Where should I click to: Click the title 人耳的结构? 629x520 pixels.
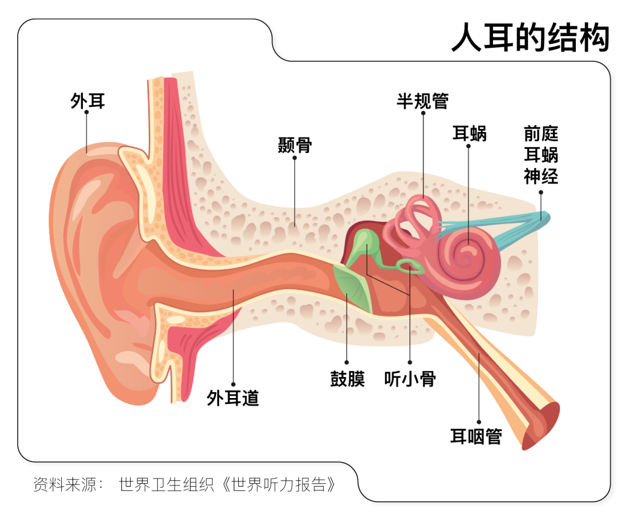(x=530, y=37)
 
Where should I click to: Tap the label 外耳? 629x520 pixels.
(x=88, y=100)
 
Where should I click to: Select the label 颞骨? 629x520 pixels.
(x=295, y=145)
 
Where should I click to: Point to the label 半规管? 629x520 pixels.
(x=422, y=100)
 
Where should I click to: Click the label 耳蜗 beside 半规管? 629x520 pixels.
(x=470, y=134)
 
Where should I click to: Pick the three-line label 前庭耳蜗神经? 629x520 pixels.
(x=541, y=155)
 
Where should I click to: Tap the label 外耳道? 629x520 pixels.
(x=232, y=397)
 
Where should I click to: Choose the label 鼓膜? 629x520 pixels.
(x=347, y=379)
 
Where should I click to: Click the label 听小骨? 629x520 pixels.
(x=410, y=379)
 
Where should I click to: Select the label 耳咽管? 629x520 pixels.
(x=476, y=436)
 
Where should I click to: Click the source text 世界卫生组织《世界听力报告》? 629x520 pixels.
(x=227, y=484)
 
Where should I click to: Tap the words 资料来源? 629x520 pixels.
(x=65, y=484)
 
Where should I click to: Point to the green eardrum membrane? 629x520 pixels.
(x=353, y=287)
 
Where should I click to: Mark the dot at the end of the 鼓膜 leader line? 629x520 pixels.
(x=347, y=362)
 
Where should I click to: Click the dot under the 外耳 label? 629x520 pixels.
(x=86, y=112)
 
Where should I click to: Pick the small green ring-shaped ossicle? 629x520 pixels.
(x=410, y=266)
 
